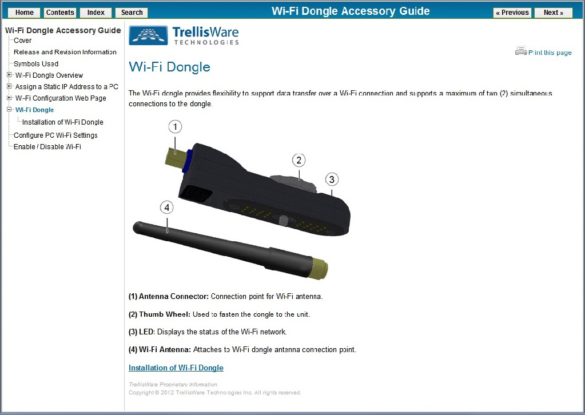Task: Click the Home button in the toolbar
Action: tap(24, 13)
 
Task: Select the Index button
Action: tap(95, 13)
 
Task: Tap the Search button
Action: tap(132, 13)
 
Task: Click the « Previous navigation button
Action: tap(512, 13)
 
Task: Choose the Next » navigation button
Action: tap(553, 13)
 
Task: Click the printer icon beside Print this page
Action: tap(520, 51)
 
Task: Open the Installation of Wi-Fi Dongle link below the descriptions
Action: tap(176, 368)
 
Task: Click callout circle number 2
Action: tap(299, 160)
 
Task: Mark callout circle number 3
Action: tap(332, 179)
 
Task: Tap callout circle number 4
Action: tap(166, 208)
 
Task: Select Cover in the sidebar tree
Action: tap(23, 41)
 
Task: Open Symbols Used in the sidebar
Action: tap(36, 63)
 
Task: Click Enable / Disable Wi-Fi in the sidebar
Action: tap(47, 147)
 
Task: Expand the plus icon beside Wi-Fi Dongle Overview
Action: tap(9, 75)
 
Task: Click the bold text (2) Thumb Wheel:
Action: tap(159, 314)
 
